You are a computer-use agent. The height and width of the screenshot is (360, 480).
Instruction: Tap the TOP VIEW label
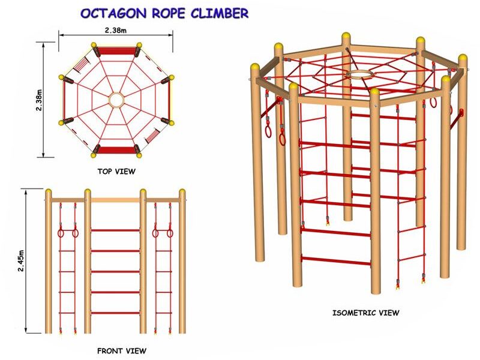click(116, 172)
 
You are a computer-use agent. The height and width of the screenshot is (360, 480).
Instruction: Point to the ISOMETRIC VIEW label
click(365, 313)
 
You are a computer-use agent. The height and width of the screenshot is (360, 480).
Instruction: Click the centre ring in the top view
click(116, 99)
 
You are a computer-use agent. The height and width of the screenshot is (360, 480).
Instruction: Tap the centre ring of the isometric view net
click(359, 76)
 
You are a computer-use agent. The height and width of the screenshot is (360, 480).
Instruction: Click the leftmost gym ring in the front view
click(61, 233)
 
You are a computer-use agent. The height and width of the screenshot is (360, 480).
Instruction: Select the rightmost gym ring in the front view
click(170, 233)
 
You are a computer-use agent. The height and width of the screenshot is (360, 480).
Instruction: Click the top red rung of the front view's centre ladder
click(115, 230)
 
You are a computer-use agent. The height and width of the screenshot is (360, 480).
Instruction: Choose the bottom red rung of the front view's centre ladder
click(115, 313)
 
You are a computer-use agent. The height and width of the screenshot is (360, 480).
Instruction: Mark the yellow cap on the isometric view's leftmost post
click(256, 67)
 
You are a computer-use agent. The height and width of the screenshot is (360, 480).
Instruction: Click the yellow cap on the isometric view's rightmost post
click(463, 59)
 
